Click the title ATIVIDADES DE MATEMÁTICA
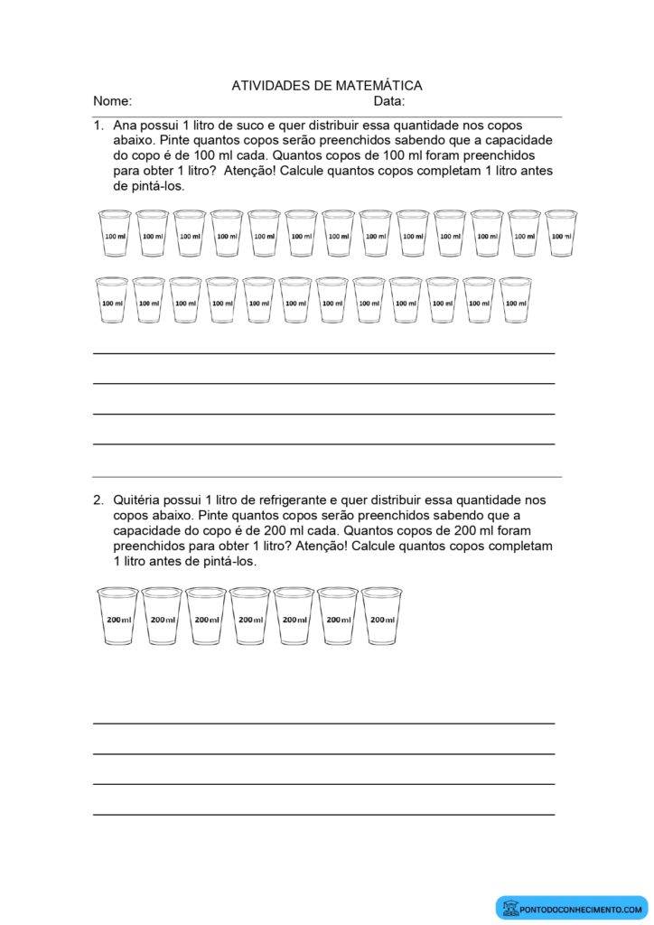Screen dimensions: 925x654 (327, 86)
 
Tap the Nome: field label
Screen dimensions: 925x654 (112, 101)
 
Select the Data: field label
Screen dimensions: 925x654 (388, 101)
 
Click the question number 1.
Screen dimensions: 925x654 (98, 126)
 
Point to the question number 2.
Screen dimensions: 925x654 (98, 500)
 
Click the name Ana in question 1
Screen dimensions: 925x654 (126, 126)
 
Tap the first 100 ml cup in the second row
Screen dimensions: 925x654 (112, 301)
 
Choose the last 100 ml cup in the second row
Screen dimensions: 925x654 (515, 301)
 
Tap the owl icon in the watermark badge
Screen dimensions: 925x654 (511, 907)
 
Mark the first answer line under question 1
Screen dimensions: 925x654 (323, 353)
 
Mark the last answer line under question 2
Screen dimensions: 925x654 (323, 815)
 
